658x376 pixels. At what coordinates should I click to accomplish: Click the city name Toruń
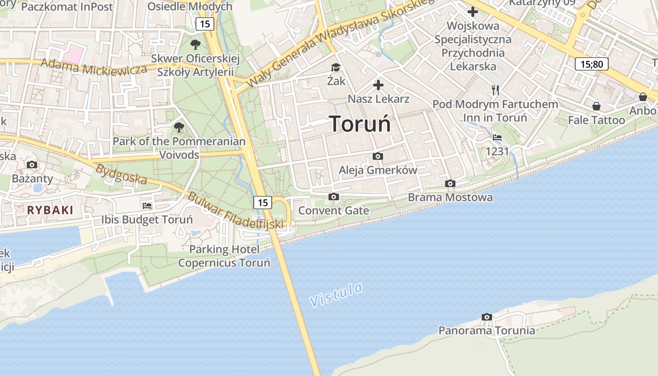pyautogui.click(x=360, y=124)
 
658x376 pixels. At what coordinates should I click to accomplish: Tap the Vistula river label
pyautogui.click(x=337, y=294)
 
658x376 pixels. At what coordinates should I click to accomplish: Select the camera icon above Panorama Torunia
pyautogui.click(x=487, y=317)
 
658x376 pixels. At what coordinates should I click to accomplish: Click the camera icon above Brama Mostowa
pyautogui.click(x=450, y=184)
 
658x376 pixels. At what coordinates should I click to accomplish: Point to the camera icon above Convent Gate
pyautogui.click(x=334, y=197)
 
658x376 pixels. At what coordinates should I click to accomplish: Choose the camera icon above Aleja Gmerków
pyautogui.click(x=378, y=157)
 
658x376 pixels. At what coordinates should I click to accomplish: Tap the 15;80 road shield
pyautogui.click(x=592, y=64)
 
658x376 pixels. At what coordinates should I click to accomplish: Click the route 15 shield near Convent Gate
pyautogui.click(x=263, y=203)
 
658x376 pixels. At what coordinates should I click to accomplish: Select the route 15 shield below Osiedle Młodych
pyautogui.click(x=205, y=24)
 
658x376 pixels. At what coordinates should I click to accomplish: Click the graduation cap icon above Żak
pyautogui.click(x=336, y=68)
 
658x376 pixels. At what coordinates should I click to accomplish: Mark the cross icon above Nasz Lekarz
pyautogui.click(x=378, y=85)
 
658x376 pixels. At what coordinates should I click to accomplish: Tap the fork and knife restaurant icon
pyautogui.click(x=495, y=90)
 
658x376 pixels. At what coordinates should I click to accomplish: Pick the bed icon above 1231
pyautogui.click(x=497, y=138)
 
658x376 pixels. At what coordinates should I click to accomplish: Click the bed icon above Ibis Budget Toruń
pyautogui.click(x=147, y=206)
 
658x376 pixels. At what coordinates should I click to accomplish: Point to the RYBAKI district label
pyautogui.click(x=50, y=210)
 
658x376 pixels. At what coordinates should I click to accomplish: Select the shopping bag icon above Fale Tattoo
pyautogui.click(x=596, y=107)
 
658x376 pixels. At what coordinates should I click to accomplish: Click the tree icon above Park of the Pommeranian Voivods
pyautogui.click(x=179, y=127)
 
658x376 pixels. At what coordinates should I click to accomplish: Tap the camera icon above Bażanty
pyautogui.click(x=32, y=164)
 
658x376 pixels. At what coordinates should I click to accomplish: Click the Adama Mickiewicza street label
pyautogui.click(x=94, y=67)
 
